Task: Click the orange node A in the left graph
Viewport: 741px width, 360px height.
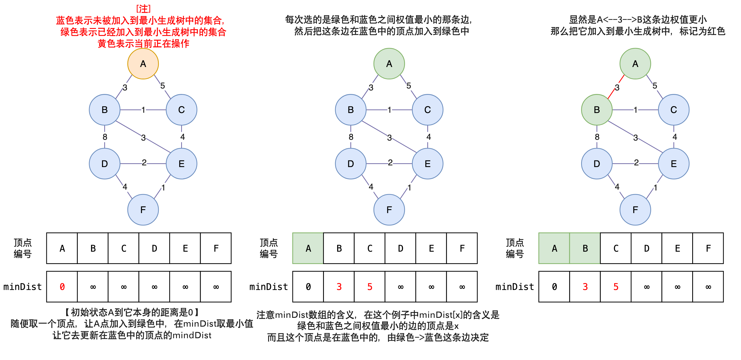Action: pos(143,64)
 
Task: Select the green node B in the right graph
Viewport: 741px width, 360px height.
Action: pos(597,109)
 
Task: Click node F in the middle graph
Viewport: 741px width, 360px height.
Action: pos(389,209)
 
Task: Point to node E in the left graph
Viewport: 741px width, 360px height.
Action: pos(181,164)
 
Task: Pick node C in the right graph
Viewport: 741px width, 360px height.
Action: pos(673,109)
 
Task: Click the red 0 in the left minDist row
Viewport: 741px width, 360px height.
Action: pos(62,286)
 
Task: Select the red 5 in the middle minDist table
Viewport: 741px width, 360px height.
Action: pos(370,286)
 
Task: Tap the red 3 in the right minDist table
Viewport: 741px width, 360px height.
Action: pos(585,286)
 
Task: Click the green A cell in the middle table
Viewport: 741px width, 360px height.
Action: pos(308,248)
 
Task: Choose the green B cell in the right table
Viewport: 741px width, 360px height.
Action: pos(585,248)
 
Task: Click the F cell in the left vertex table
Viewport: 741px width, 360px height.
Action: pos(216,248)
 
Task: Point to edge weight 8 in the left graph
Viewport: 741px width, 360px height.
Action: pos(105,137)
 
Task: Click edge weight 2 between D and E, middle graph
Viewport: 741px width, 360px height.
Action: pos(390,163)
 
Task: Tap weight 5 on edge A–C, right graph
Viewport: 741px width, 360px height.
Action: pos(655,86)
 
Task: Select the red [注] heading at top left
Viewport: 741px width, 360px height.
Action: pos(143,9)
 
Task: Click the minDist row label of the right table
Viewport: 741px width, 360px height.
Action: pos(514,286)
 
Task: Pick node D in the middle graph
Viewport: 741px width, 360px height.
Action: pos(350,164)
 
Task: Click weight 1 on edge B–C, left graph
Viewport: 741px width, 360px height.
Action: pos(143,110)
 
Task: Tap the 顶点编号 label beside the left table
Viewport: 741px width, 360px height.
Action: pos(22,248)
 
